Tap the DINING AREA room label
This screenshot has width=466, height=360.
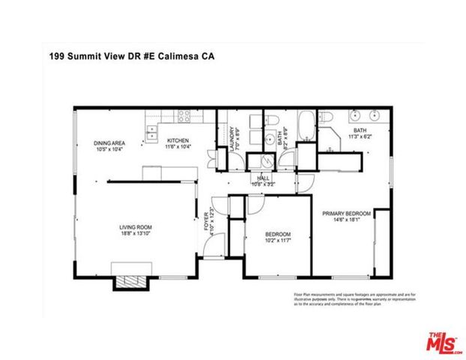[x=109, y=143]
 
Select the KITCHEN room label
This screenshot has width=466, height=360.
[x=178, y=140]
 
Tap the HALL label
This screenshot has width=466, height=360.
[x=264, y=178]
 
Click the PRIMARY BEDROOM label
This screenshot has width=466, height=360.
[x=347, y=213]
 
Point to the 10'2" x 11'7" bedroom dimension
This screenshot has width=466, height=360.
[x=279, y=241]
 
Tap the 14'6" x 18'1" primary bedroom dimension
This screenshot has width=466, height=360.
[x=347, y=219]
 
